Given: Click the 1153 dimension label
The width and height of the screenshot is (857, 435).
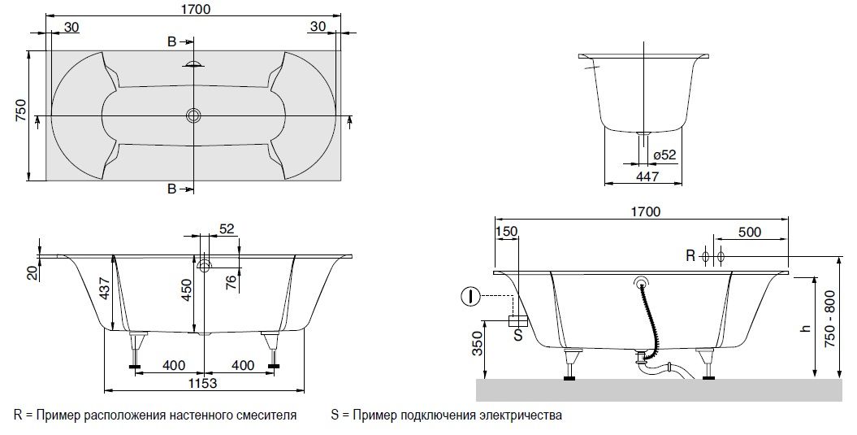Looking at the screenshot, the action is [x=203, y=383].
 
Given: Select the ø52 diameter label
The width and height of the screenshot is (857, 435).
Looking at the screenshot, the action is [x=664, y=154].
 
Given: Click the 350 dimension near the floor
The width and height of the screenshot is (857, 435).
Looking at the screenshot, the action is [x=478, y=344].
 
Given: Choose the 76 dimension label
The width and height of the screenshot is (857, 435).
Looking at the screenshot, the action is [x=232, y=282].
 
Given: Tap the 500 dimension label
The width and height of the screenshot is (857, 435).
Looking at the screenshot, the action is [x=749, y=232].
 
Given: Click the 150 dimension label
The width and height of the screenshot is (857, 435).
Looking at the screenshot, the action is [x=506, y=232].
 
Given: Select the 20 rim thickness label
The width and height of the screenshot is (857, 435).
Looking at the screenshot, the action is [x=34, y=272].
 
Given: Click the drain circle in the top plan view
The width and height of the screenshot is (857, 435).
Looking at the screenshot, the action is [x=193, y=115].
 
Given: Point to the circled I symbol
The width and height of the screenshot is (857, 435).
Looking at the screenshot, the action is [x=470, y=297].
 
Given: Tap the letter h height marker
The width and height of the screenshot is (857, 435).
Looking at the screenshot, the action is [x=805, y=328].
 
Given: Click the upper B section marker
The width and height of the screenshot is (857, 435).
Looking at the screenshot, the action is [x=171, y=42].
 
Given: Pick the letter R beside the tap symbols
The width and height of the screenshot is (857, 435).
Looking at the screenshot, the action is [x=690, y=255].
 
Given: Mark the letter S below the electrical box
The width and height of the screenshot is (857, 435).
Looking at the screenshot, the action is [x=518, y=334].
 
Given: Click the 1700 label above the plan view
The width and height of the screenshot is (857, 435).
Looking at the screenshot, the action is [x=195, y=9].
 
